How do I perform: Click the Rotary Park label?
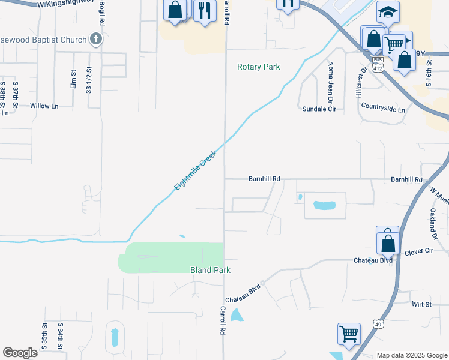pyautogui.click(x=258, y=67)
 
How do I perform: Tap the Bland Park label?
pyautogui.click(x=210, y=271)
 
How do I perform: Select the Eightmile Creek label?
pyautogui.click(x=195, y=171)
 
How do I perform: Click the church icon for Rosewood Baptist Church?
pyautogui.click(x=95, y=40)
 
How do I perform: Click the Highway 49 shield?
pyautogui.click(x=378, y=325)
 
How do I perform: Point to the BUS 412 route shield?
pyautogui.click(x=378, y=64)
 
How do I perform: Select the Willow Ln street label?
pyautogui.click(x=44, y=106)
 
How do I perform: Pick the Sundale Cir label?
pyautogui.click(x=319, y=109)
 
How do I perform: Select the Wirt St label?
pyautogui.click(x=421, y=305)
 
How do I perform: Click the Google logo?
pyautogui.click(x=20, y=353)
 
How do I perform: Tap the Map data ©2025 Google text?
pyautogui.click(x=411, y=355)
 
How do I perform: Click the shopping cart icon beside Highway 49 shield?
pyautogui.click(x=349, y=334)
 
